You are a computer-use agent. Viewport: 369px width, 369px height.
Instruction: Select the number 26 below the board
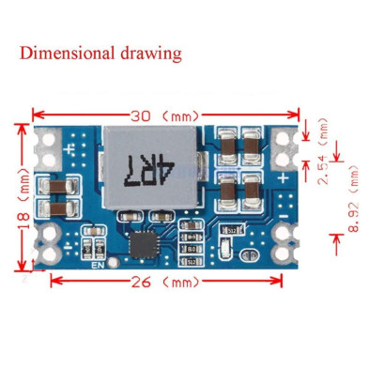pyautogui.click(x=134, y=280)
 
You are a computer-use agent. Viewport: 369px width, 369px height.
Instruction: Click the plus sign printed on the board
pyautogui.click(x=283, y=177)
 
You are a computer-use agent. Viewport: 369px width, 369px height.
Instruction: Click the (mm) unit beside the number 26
pyautogui.click(x=177, y=281)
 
